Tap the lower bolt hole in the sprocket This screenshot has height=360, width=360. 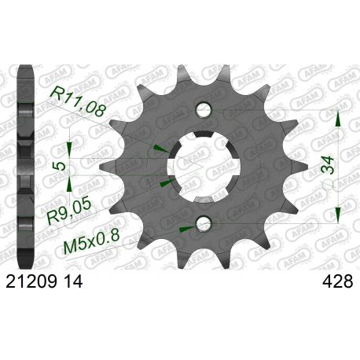[203, 224]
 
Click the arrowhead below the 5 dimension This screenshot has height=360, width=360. [69, 186]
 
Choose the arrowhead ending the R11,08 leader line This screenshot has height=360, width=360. [161, 148]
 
